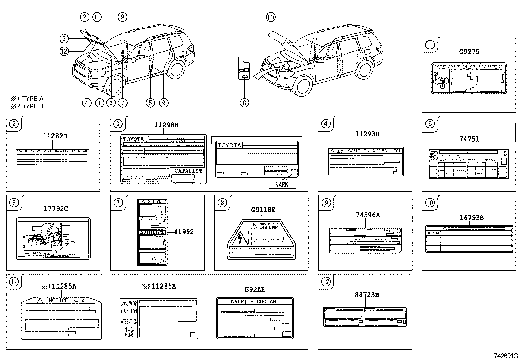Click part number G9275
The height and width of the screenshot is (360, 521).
click(469, 52)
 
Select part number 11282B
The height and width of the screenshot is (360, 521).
click(55, 136)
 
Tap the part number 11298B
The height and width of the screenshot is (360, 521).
click(166, 125)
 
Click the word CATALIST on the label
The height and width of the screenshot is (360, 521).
click(188, 171)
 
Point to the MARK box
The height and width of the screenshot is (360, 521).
click(282, 184)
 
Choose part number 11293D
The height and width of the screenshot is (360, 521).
click(367, 134)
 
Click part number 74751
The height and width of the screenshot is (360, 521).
click(469, 139)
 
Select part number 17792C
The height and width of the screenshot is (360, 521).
click(56, 209)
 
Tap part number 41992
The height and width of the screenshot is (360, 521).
click(184, 232)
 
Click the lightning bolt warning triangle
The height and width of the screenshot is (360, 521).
click(240, 238)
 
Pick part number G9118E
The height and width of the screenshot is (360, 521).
click(263, 210)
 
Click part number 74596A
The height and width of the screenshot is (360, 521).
click(368, 215)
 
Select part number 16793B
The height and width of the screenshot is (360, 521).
click(472, 218)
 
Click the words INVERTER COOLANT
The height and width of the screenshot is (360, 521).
click(254, 301)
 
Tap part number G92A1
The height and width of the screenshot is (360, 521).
click(255, 290)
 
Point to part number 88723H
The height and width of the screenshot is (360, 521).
click(367, 295)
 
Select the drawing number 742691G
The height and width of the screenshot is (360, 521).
click(506, 356)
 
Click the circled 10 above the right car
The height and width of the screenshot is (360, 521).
click(271, 17)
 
